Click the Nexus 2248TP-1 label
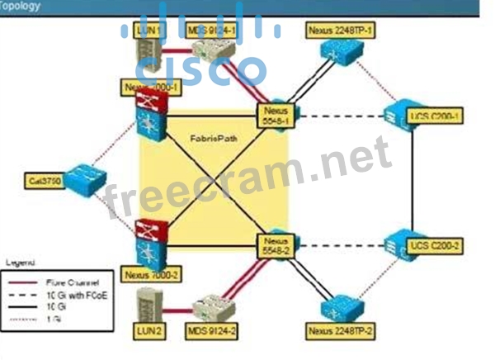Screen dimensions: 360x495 (340, 28)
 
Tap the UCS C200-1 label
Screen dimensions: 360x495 (436, 116)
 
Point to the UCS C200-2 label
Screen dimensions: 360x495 (437, 246)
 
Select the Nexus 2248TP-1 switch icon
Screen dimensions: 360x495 (341, 56)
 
